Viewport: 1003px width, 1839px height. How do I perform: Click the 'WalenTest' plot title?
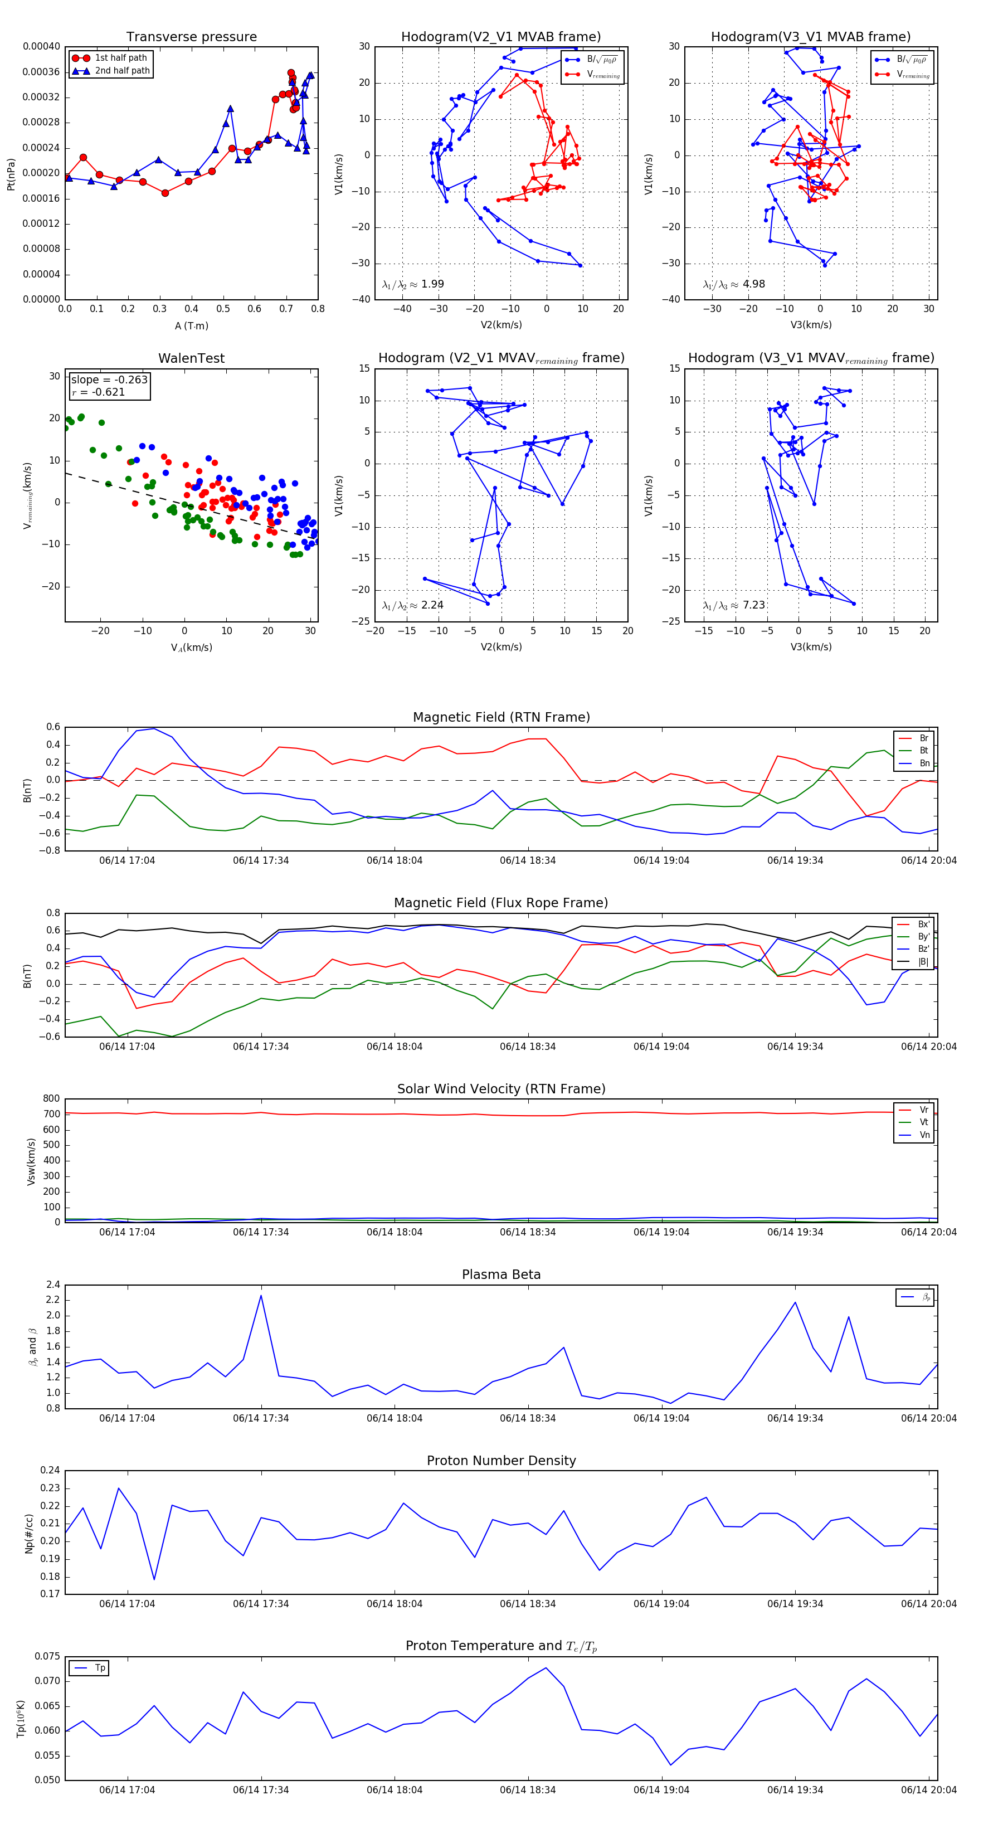click(x=191, y=358)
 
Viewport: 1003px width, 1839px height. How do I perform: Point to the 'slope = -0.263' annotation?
click(x=109, y=380)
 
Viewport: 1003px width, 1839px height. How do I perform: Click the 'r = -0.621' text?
click(x=99, y=392)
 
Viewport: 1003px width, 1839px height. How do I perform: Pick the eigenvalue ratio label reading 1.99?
click(x=413, y=284)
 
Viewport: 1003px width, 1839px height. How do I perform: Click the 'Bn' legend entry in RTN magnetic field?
click(x=924, y=763)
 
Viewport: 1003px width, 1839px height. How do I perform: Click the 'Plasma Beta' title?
click(x=501, y=1275)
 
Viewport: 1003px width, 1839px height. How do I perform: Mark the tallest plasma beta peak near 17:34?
click(x=261, y=1296)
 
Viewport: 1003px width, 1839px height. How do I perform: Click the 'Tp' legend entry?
click(x=100, y=1668)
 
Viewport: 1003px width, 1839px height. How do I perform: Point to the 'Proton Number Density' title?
click(x=501, y=1461)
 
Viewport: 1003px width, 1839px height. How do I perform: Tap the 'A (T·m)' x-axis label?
click(x=191, y=325)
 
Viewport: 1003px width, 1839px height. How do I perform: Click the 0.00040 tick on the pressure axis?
click(x=41, y=46)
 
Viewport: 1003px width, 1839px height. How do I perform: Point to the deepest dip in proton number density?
click(x=154, y=1579)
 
